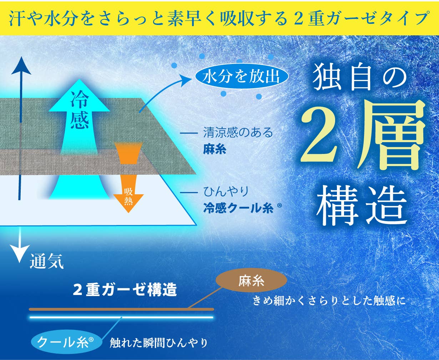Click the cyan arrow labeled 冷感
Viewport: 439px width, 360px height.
[79, 140]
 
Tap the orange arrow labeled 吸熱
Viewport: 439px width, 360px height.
[128, 177]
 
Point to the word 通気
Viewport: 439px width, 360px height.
[47, 261]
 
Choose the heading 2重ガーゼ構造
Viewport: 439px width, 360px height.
[125, 290]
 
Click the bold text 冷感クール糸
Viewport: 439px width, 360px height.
[238, 209]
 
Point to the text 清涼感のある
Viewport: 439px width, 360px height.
[238, 133]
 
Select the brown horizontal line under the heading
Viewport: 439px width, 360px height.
[121, 309]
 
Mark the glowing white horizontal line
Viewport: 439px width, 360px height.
[121, 317]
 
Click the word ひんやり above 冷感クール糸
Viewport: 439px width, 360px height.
[226, 191]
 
